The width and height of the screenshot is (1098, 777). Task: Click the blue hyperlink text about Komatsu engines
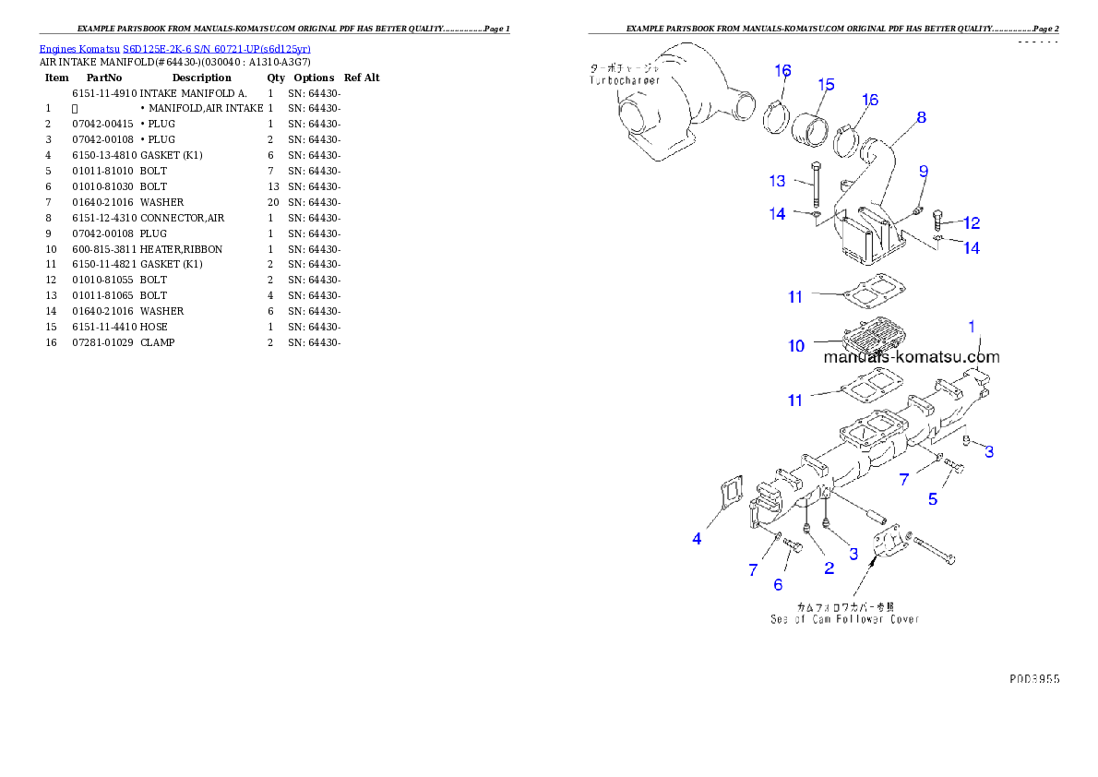(x=174, y=48)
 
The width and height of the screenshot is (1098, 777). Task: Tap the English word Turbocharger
(x=626, y=81)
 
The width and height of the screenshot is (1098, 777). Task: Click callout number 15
(x=826, y=85)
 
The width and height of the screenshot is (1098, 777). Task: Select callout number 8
(x=921, y=117)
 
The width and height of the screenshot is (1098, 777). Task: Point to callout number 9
(x=923, y=172)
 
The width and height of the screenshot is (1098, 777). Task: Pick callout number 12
(x=971, y=222)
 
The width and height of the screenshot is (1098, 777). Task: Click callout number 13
(x=777, y=181)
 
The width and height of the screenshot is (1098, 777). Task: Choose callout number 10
(x=796, y=346)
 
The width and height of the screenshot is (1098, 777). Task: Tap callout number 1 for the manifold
(x=972, y=326)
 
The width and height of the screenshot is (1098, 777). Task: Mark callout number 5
(x=933, y=499)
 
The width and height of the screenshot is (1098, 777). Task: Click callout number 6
(x=778, y=584)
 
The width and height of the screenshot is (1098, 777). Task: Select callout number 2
(x=829, y=568)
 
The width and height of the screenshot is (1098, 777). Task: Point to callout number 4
(x=697, y=538)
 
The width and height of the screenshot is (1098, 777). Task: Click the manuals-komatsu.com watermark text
(x=911, y=357)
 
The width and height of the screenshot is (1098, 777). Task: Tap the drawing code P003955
(x=1033, y=678)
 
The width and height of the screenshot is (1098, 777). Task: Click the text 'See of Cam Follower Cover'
(x=844, y=619)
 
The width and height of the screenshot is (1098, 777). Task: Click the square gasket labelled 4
(x=729, y=493)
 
